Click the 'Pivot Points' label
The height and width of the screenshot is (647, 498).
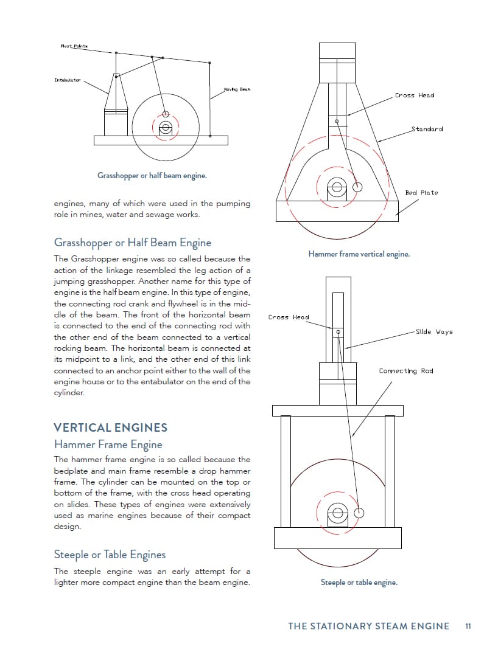click(74, 46)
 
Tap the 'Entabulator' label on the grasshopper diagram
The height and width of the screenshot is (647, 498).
click(67, 80)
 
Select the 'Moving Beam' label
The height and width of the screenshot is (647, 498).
click(237, 89)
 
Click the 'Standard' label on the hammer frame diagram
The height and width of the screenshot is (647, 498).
click(427, 129)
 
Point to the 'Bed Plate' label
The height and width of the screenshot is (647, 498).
click(421, 193)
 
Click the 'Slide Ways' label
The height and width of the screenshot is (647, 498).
click(434, 332)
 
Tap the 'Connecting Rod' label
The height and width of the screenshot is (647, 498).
click(406, 371)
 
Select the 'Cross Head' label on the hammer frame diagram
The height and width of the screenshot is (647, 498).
click(415, 95)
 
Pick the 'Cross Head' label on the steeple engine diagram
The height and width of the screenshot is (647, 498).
click(289, 317)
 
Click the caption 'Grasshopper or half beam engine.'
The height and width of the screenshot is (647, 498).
click(152, 176)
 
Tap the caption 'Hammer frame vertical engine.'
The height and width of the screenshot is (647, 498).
click(359, 254)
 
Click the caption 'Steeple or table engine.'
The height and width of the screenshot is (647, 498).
click(359, 583)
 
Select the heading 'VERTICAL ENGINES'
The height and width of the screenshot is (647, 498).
click(110, 427)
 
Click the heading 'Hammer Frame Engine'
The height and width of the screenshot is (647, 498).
click(108, 445)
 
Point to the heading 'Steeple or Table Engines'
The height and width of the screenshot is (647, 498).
click(110, 555)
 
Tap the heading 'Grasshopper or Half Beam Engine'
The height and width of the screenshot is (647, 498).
click(133, 243)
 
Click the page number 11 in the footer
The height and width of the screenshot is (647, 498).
click(468, 626)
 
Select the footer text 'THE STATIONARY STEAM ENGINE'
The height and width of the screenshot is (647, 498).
click(368, 626)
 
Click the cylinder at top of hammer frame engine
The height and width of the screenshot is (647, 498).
click(337, 62)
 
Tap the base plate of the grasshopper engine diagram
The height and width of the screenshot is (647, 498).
click(161, 140)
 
